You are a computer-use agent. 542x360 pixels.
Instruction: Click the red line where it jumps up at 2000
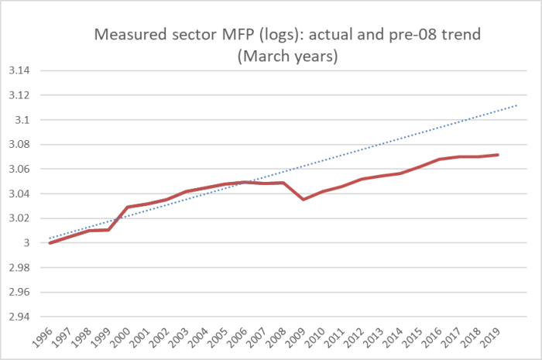pyautogui.click(x=129, y=207)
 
